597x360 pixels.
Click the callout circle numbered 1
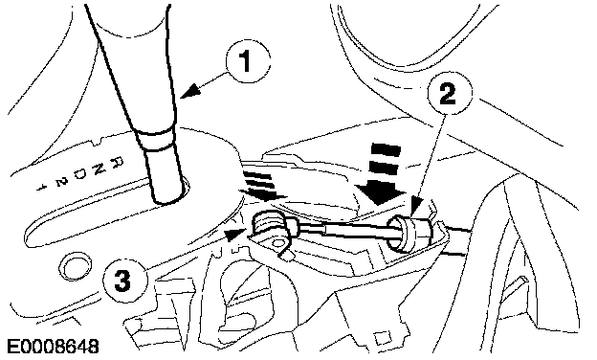click(x=248, y=61)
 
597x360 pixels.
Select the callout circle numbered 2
click(x=450, y=93)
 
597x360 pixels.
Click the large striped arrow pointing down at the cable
click(x=383, y=172)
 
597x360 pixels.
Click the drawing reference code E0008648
click(x=54, y=347)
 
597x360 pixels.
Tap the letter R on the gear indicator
click(x=118, y=161)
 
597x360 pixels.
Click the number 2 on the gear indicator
click(x=59, y=181)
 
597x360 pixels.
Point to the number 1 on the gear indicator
click(x=40, y=187)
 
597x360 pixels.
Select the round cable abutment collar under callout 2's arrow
click(x=405, y=233)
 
